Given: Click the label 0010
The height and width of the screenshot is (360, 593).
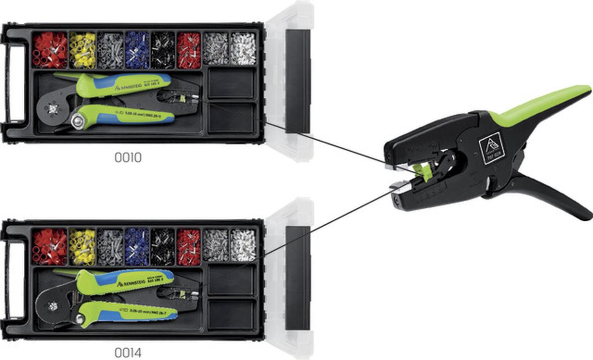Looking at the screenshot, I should tap(127, 158).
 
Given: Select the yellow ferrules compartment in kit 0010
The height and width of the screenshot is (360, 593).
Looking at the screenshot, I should tap(82, 50).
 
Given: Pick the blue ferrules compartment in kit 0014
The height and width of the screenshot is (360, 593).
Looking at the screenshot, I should tap(137, 246).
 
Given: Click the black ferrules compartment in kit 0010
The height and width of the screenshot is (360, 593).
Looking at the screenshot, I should tap(163, 50).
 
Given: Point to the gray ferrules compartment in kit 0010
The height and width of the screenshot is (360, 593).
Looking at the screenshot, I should tap(110, 50).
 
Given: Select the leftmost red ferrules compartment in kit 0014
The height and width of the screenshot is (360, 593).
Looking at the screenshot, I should tap(49, 246).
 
